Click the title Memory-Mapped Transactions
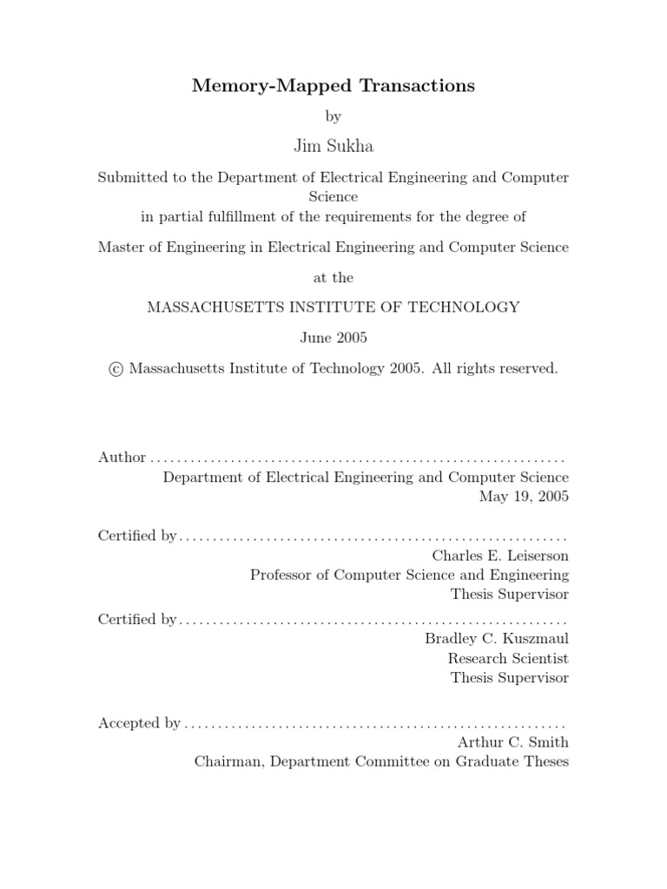tap(333, 85)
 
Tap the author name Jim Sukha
tap(333, 146)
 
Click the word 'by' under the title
tap(333, 115)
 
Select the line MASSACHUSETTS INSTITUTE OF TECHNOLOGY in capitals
tap(333, 306)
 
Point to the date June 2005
tap(333, 337)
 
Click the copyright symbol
tap(116, 369)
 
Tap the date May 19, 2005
tap(524, 497)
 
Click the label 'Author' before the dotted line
tap(122, 458)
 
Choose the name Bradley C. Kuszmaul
tap(497, 638)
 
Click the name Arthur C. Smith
tap(512, 742)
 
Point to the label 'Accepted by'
tap(139, 722)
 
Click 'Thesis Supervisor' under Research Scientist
tap(510, 678)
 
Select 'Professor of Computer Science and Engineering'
tap(409, 575)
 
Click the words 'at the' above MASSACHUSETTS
tap(333, 278)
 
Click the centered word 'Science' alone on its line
tap(333, 196)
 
